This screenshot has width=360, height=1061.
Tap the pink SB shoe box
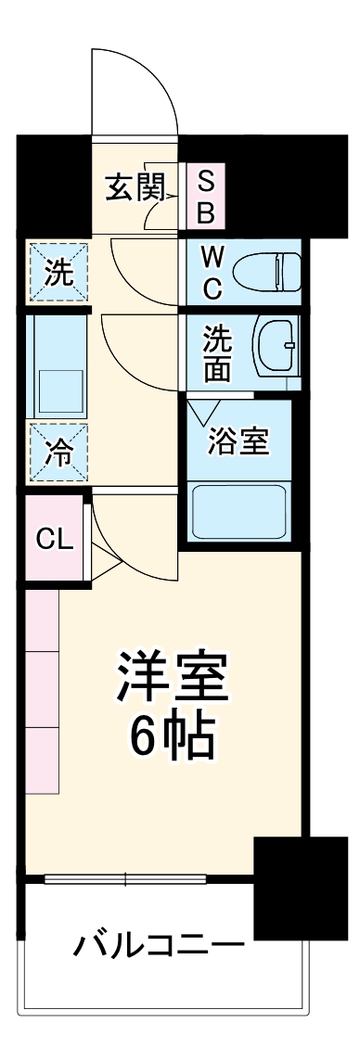click(x=206, y=198)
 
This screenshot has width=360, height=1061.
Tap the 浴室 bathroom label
click(x=238, y=442)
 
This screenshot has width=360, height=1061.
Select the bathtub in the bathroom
click(x=239, y=512)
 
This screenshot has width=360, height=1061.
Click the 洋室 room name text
click(x=172, y=679)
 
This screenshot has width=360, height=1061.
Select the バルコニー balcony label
click(x=159, y=948)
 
